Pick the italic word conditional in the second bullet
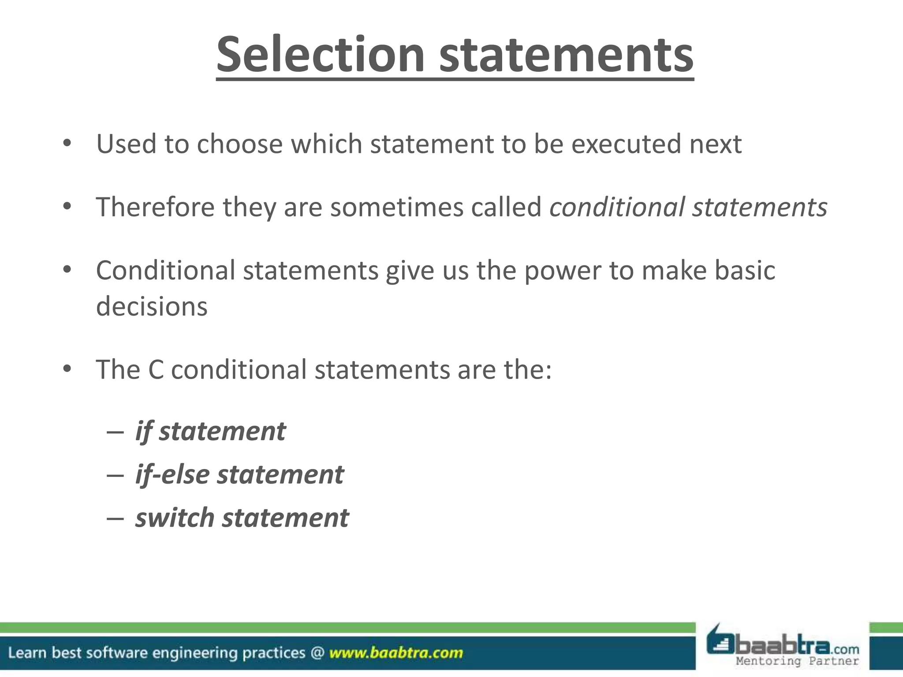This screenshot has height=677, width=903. (617, 207)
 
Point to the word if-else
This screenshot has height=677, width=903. (172, 475)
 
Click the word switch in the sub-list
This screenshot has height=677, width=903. (175, 517)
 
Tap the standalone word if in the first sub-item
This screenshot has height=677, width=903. (143, 431)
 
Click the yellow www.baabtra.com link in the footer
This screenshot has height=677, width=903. (396, 653)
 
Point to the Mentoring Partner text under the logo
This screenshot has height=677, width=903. (797, 661)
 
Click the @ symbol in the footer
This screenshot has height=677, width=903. (317, 653)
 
